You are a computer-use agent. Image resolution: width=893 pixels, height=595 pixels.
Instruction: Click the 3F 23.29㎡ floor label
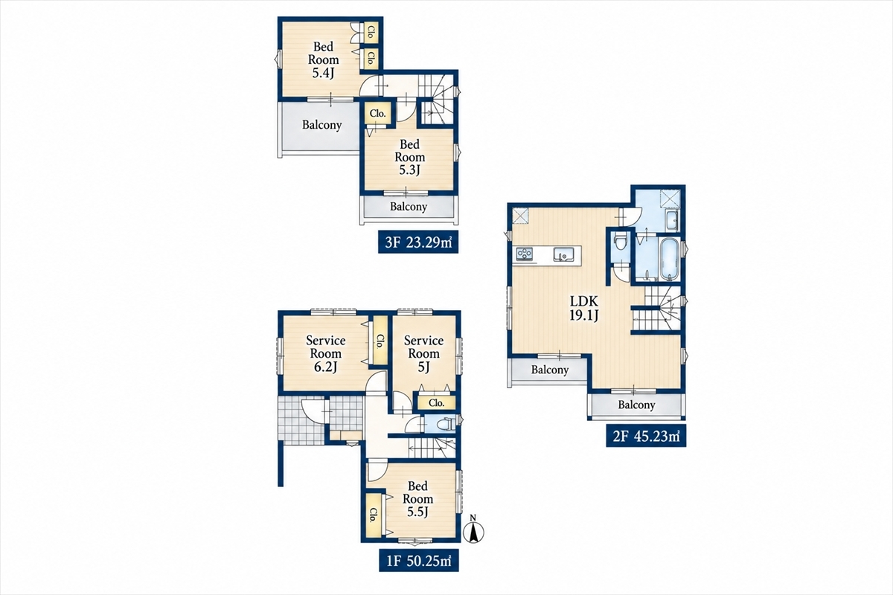pyautogui.click(x=418, y=242)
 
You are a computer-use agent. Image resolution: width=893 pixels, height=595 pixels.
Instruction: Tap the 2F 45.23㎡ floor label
pyautogui.click(x=646, y=436)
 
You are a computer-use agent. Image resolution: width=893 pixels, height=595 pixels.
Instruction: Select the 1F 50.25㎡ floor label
pyautogui.click(x=418, y=561)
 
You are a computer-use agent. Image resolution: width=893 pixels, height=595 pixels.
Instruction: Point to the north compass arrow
pyautogui.click(x=473, y=531)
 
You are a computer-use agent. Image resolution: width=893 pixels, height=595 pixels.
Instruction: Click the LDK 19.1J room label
pyautogui.click(x=583, y=308)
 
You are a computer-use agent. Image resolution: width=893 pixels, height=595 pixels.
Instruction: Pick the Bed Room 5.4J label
pyautogui.click(x=323, y=59)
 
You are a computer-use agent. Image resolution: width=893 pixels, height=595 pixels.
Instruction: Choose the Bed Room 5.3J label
pyautogui.click(x=410, y=157)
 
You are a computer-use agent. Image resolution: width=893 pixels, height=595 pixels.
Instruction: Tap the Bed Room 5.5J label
pyautogui.click(x=417, y=498)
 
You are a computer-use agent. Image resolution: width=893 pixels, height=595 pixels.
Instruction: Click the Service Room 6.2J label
pyautogui.click(x=326, y=353)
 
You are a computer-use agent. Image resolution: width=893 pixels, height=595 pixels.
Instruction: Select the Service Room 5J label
pyautogui.click(x=423, y=353)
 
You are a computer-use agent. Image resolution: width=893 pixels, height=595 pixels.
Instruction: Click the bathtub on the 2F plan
pyautogui.click(x=670, y=259)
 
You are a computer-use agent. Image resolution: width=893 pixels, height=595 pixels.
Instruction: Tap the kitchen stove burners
pyautogui.click(x=524, y=254)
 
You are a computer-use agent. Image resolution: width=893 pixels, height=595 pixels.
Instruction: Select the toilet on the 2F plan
pyautogui.click(x=620, y=242)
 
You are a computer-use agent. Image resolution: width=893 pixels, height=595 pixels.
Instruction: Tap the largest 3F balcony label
pyautogui.click(x=321, y=125)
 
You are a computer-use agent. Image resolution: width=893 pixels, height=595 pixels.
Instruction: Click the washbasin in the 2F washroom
pyautogui.click(x=670, y=220)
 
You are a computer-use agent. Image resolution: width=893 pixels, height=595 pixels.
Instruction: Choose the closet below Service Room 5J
pyautogui.click(x=437, y=403)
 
